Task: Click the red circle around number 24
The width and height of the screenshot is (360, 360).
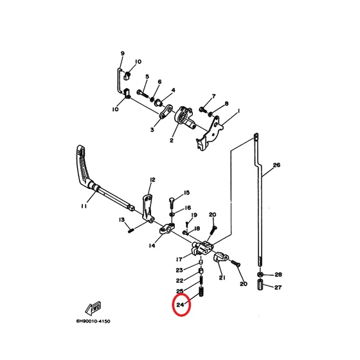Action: click(173, 305)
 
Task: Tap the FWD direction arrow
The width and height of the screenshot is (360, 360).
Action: click(93, 307)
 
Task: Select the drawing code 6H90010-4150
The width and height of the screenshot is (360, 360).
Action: click(93, 321)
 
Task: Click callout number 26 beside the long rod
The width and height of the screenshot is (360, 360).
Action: click(276, 165)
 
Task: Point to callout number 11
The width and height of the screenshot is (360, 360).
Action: click(84, 206)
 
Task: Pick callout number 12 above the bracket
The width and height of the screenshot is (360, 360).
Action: click(152, 179)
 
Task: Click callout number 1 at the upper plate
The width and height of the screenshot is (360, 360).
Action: click(239, 111)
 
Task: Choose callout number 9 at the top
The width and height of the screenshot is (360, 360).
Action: click(122, 53)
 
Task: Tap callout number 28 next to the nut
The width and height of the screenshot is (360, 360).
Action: click(278, 274)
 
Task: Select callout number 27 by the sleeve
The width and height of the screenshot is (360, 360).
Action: click(278, 287)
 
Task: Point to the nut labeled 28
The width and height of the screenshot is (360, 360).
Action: click(260, 274)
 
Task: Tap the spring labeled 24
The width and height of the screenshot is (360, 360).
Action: click(201, 292)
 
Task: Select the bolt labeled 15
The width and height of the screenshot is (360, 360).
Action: click(172, 202)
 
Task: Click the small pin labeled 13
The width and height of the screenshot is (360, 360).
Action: click(132, 230)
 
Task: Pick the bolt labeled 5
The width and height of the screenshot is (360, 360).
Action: click(143, 93)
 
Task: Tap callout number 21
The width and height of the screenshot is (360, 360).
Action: click(222, 278)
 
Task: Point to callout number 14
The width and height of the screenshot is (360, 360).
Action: click(152, 246)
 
